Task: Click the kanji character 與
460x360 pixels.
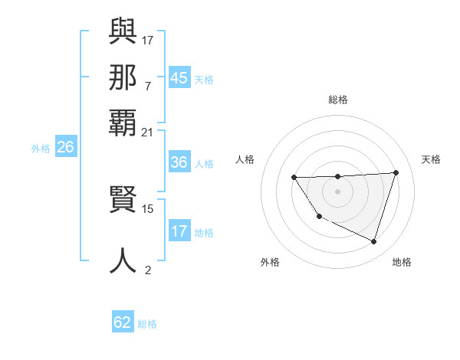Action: (123, 31)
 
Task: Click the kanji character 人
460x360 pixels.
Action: (123, 260)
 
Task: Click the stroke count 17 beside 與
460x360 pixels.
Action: (148, 39)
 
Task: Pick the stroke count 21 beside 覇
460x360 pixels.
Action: (148, 132)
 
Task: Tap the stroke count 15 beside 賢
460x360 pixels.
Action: (148, 208)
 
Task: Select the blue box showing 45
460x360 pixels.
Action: (179, 78)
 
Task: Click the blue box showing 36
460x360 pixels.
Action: (179, 162)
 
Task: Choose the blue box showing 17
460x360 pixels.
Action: (179, 231)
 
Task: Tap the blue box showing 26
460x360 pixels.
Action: (65, 147)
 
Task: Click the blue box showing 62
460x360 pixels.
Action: (123, 322)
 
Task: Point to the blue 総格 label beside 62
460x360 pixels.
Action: (147, 324)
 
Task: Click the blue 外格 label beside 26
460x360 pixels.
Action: (41, 149)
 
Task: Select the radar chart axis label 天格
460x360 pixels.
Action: (431, 159)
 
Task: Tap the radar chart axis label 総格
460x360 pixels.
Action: (338, 100)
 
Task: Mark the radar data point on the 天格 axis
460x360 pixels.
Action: (396, 172)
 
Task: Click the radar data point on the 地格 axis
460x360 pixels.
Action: (373, 241)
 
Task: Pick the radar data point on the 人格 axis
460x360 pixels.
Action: (294, 178)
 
